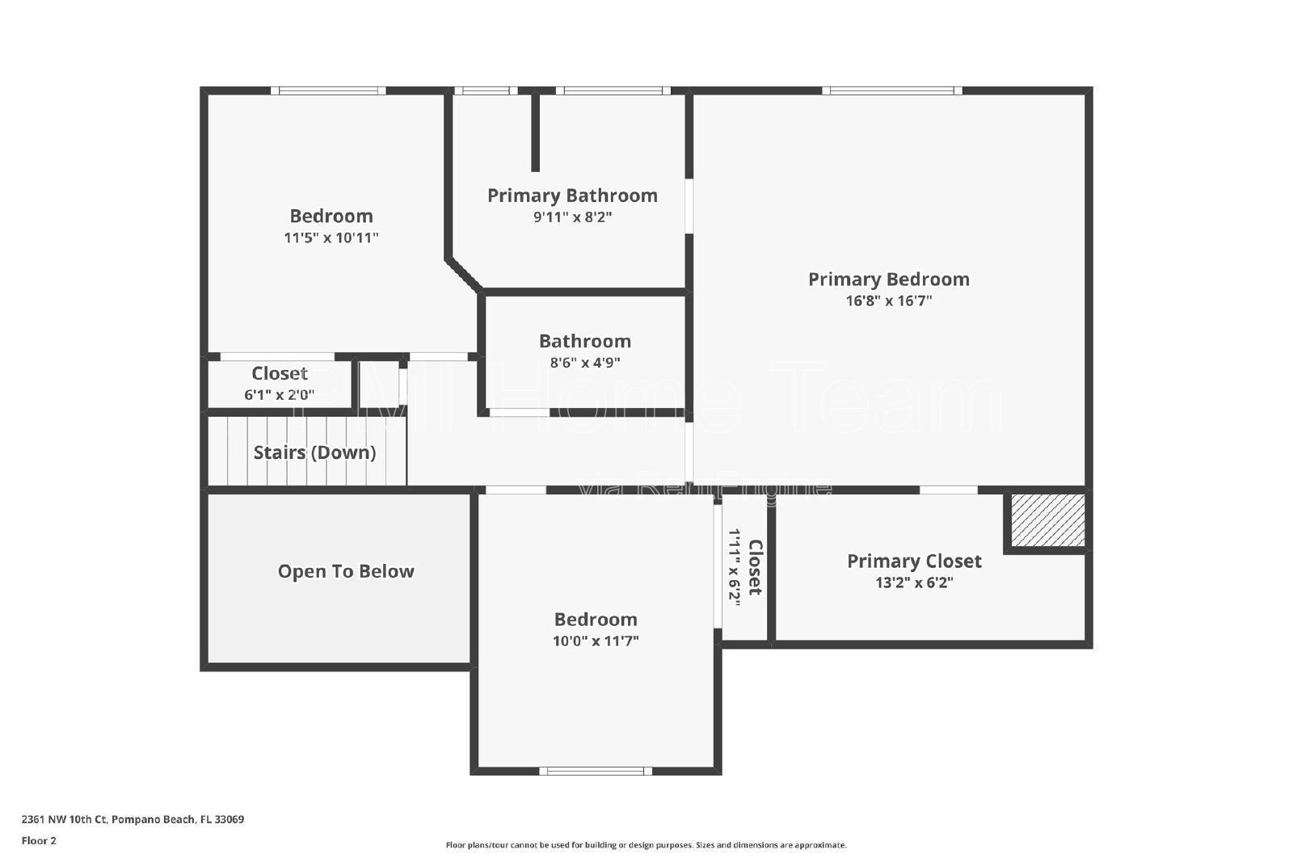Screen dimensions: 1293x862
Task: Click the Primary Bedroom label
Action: (x=888, y=280)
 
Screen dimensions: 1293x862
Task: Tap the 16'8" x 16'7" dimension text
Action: (x=888, y=301)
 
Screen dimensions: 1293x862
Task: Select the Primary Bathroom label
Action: (x=572, y=196)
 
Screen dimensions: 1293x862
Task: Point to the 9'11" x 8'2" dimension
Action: (x=572, y=217)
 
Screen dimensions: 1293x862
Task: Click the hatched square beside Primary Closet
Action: (x=1047, y=519)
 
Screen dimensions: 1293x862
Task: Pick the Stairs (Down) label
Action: (x=314, y=452)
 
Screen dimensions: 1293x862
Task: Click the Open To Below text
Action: (x=346, y=571)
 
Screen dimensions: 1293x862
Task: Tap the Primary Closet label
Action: (x=914, y=561)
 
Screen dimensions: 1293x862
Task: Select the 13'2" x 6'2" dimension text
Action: (x=914, y=582)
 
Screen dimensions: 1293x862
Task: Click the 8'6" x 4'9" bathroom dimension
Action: (x=585, y=363)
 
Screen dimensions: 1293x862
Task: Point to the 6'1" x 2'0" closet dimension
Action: (x=279, y=395)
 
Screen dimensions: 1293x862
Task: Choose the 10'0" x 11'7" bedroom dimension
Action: (x=596, y=641)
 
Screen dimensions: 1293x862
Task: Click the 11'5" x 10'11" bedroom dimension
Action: (x=331, y=238)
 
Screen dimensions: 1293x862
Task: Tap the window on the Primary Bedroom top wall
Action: (x=892, y=90)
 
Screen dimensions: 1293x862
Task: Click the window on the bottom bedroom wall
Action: (x=595, y=771)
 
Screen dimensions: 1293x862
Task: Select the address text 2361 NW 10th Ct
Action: (x=64, y=819)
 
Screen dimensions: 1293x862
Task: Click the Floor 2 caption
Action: (x=39, y=841)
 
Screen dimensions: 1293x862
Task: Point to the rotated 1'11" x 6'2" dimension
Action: (x=734, y=567)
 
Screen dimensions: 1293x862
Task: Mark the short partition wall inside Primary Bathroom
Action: (x=535, y=132)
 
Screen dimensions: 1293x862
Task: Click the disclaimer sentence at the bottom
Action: (x=646, y=845)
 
